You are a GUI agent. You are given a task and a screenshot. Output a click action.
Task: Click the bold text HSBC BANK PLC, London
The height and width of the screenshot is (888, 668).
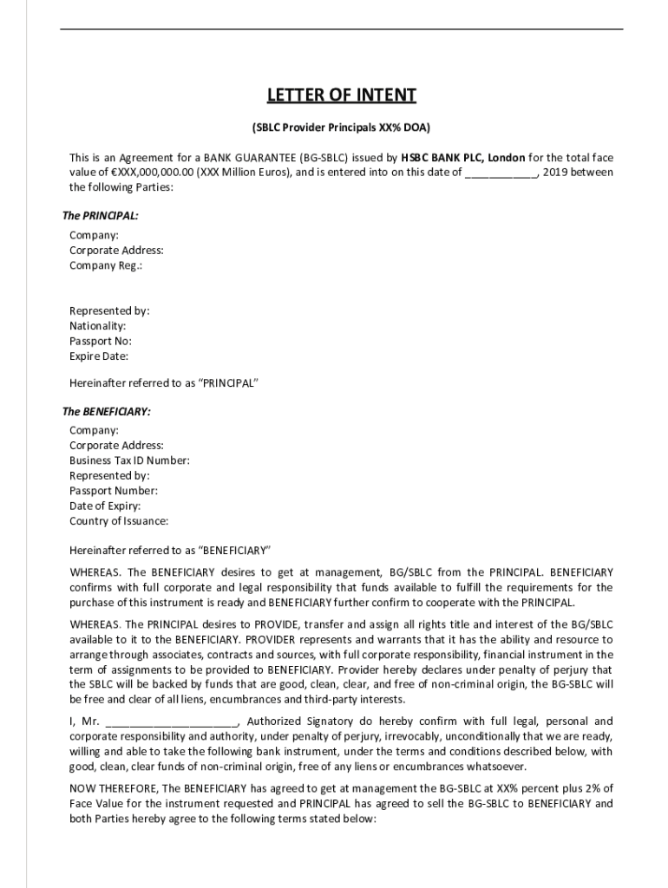click(x=462, y=158)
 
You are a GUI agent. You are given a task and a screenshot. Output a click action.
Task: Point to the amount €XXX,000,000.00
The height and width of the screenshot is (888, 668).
click(x=142, y=173)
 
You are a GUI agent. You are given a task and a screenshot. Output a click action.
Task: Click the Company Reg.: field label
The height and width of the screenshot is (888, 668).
click(x=106, y=265)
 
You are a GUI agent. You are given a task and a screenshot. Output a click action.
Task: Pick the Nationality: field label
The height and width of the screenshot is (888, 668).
click(x=97, y=326)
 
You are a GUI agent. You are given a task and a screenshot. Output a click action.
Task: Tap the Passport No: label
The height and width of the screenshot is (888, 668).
click(x=101, y=341)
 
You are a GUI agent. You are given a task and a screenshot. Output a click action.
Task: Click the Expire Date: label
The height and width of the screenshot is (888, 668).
click(x=99, y=356)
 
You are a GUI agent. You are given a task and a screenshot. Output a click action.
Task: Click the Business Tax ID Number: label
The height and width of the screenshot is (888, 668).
click(x=129, y=460)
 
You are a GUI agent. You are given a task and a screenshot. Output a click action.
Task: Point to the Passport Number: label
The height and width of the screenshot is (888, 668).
click(x=114, y=491)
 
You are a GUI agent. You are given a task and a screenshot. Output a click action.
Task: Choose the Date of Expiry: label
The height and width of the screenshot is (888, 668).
click(x=105, y=506)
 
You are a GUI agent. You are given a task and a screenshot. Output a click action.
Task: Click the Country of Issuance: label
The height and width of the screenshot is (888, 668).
click(x=119, y=521)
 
